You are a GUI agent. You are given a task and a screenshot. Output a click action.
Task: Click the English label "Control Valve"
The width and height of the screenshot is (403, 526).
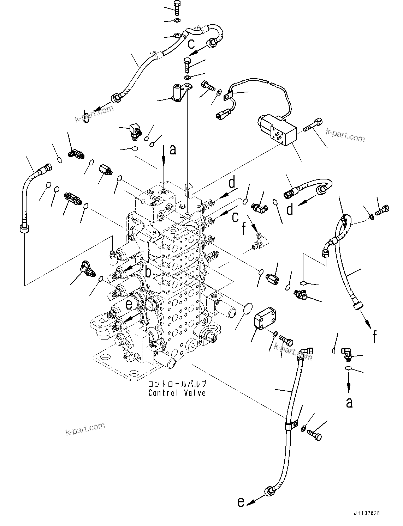click(177, 393)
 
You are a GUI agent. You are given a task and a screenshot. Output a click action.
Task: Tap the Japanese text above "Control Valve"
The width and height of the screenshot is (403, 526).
click(177, 384)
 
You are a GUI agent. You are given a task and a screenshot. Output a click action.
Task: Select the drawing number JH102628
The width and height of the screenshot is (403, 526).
click(366, 514)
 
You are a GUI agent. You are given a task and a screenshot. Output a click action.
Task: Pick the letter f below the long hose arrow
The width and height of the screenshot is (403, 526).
click(374, 337)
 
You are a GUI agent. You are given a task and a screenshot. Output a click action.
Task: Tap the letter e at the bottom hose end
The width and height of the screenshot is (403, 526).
click(241, 502)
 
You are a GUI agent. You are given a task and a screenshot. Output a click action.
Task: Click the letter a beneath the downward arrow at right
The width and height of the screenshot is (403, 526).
click(349, 402)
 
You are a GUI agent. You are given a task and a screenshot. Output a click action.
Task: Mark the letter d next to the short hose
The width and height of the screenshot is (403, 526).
click(290, 209)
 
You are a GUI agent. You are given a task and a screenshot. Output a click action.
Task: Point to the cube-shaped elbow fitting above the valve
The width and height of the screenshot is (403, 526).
click(135, 130)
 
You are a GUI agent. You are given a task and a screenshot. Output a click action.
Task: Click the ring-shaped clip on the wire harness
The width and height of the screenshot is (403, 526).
click(227, 94)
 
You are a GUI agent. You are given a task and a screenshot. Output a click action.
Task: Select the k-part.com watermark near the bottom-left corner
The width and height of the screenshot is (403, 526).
click(85, 428)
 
